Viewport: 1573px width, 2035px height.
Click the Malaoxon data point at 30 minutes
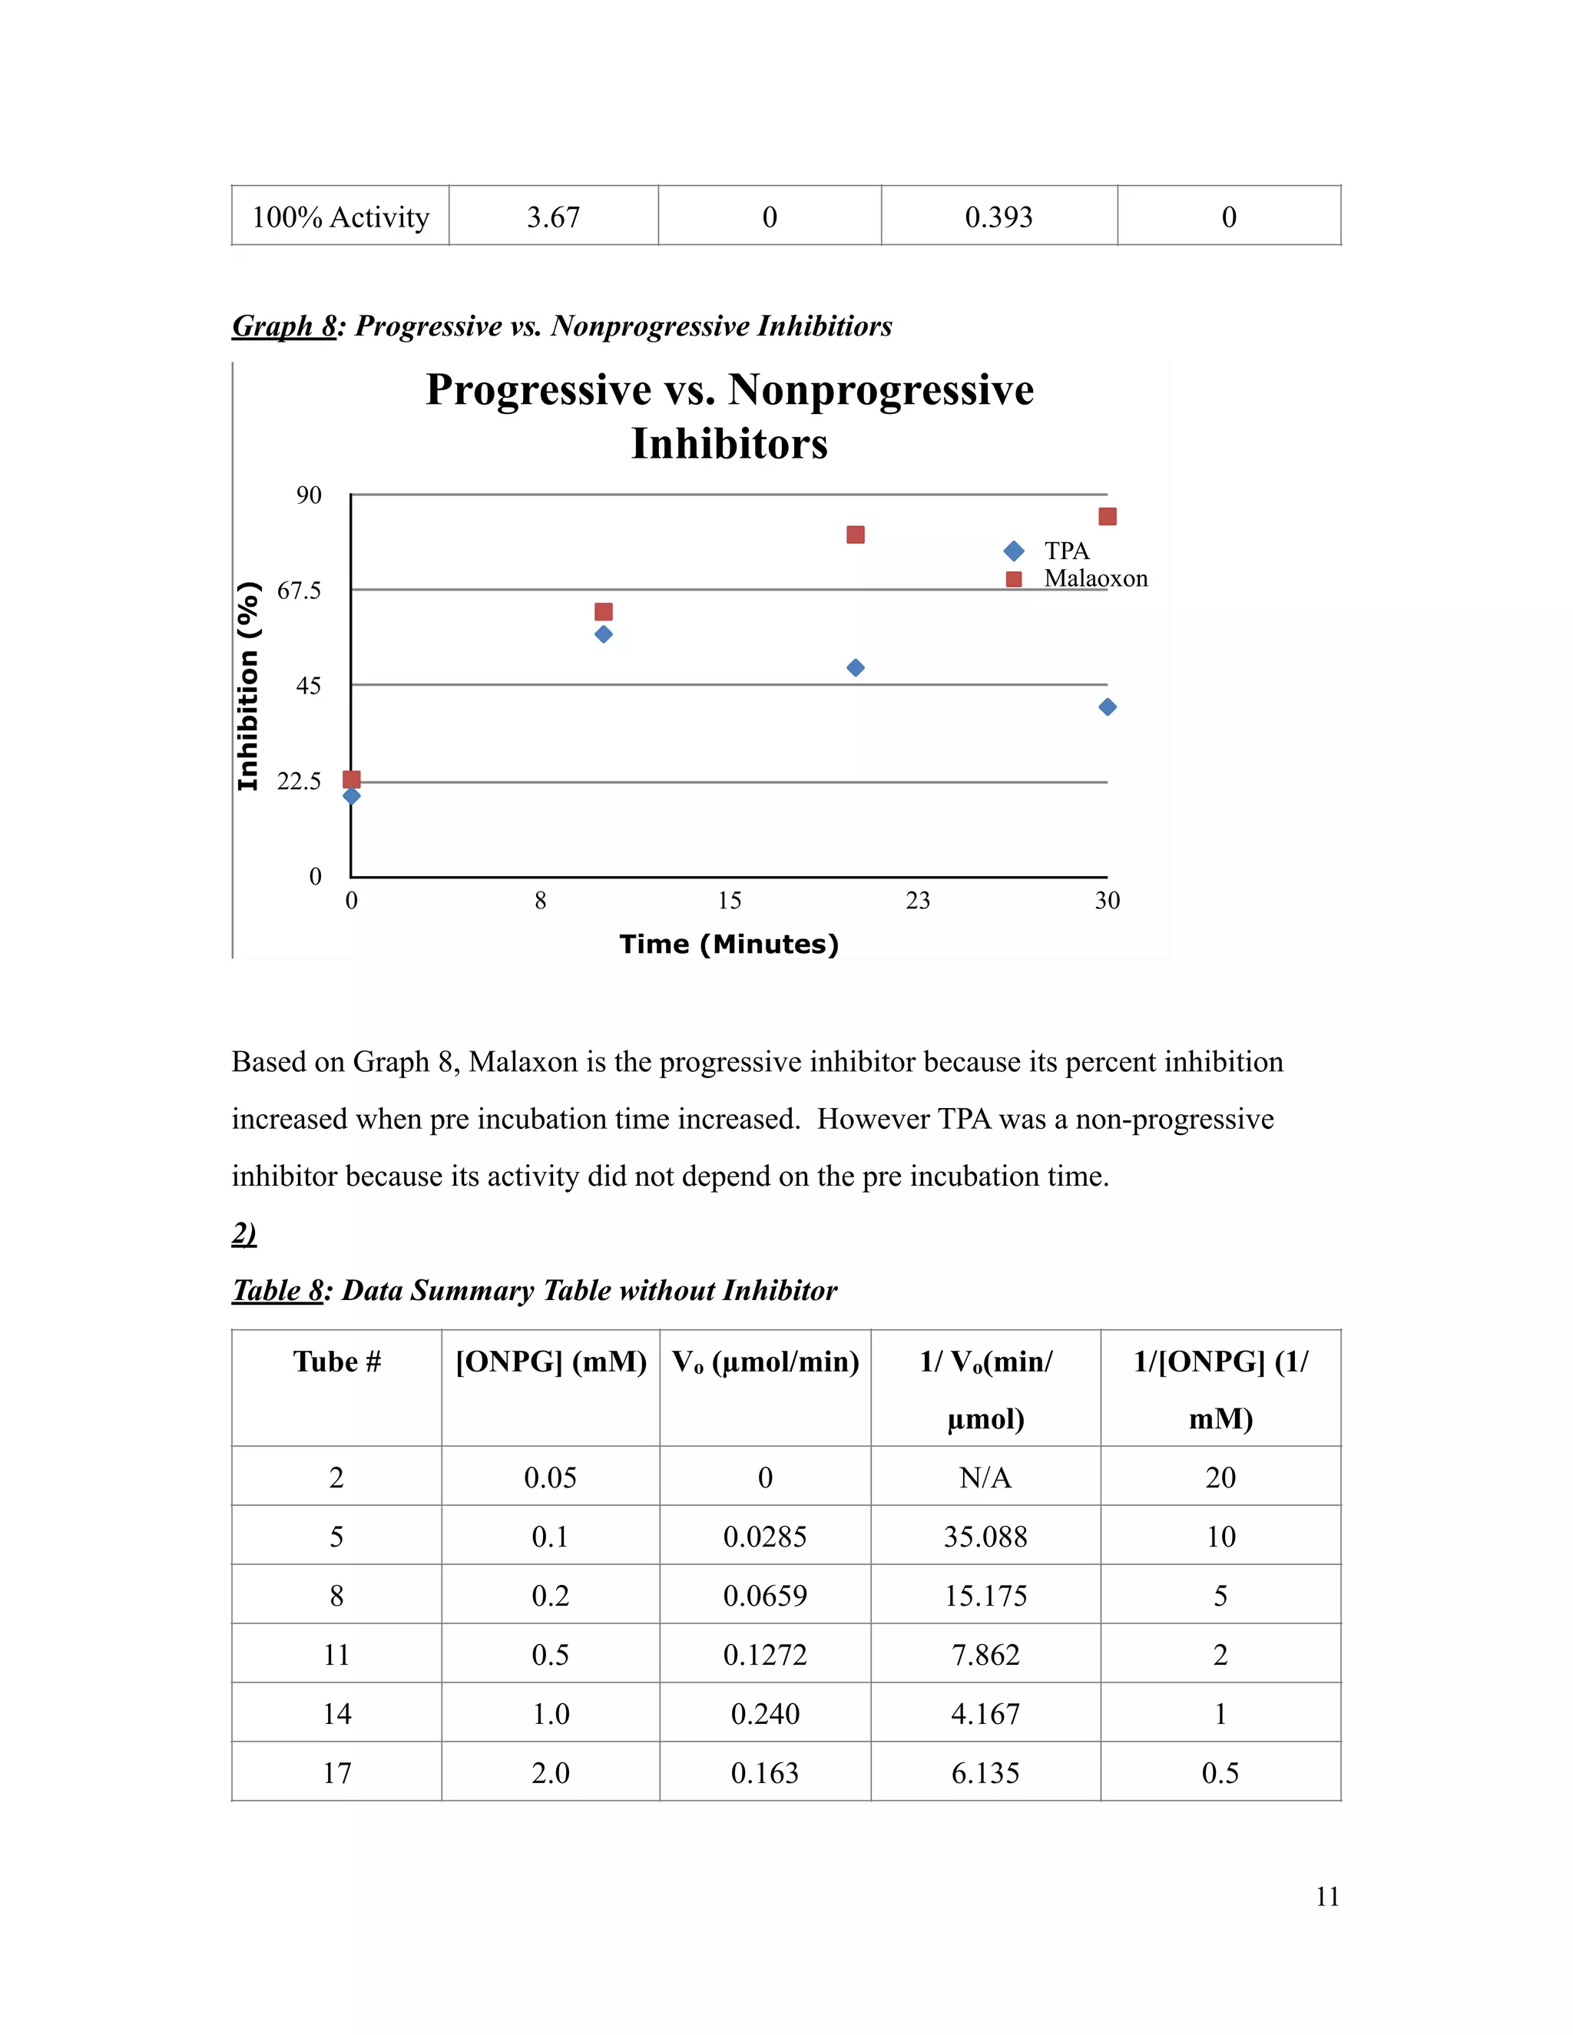click(1107, 516)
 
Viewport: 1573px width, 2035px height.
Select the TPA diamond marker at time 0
click(351, 796)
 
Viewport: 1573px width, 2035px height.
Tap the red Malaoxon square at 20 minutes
click(856, 534)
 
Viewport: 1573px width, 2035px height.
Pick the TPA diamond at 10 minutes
click(604, 634)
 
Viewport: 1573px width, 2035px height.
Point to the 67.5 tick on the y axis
click(299, 591)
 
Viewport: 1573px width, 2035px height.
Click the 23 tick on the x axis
click(918, 900)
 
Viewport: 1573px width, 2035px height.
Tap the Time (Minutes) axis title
click(729, 944)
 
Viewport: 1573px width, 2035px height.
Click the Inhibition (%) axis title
click(248, 686)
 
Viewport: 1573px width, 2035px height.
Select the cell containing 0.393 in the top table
click(999, 217)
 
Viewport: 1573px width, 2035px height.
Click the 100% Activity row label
click(340, 217)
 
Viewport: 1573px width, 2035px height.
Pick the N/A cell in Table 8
click(985, 1477)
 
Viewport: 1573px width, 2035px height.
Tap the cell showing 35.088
click(985, 1537)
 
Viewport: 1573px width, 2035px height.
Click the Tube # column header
click(336, 1362)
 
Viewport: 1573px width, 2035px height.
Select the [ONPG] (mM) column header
click(551, 1362)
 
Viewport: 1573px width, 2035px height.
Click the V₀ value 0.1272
click(765, 1655)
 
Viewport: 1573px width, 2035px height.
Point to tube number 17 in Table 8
click(336, 1773)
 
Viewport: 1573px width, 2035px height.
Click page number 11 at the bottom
click(1327, 1896)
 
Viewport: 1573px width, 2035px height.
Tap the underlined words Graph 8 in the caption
click(283, 326)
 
